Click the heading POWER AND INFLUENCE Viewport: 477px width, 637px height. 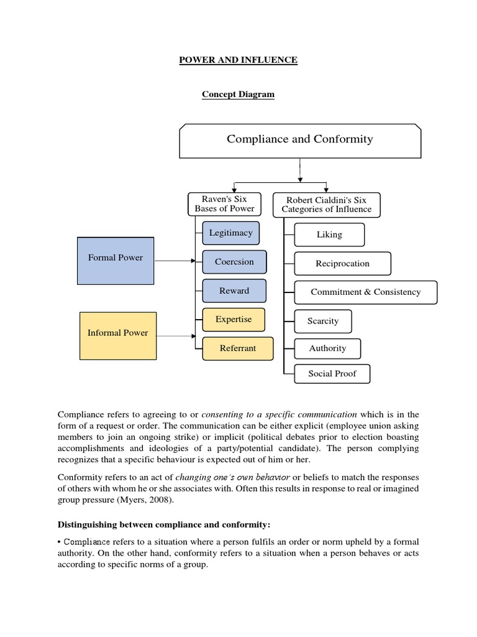point(238,60)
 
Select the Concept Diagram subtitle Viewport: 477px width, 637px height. point(238,95)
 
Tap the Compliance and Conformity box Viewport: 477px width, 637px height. point(300,140)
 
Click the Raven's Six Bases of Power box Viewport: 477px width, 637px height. point(224,204)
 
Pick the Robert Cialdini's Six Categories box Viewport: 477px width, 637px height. point(326,205)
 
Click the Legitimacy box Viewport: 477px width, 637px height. point(231,233)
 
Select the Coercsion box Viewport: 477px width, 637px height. point(234,262)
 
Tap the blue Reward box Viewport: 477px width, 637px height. point(234,291)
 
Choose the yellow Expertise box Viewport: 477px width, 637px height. point(234,319)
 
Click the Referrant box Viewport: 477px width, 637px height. point(237,348)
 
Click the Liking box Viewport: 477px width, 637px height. point(329,235)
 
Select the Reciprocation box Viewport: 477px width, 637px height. point(342,264)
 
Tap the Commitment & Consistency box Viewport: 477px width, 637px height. point(365,292)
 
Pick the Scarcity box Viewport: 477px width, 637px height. point(323,321)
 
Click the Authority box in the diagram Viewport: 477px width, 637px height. point(327,348)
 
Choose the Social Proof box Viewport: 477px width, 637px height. point(332,374)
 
